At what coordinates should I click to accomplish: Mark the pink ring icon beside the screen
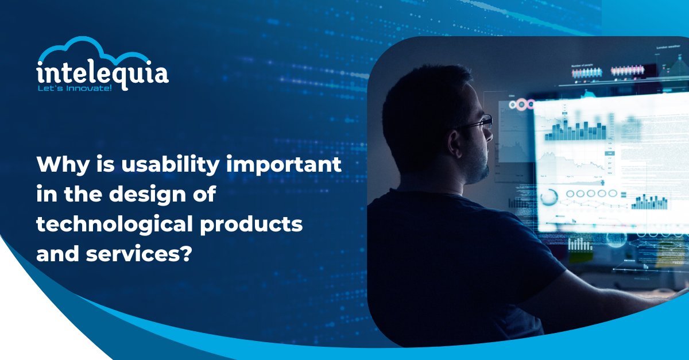521,104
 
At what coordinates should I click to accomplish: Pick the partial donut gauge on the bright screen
548,196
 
